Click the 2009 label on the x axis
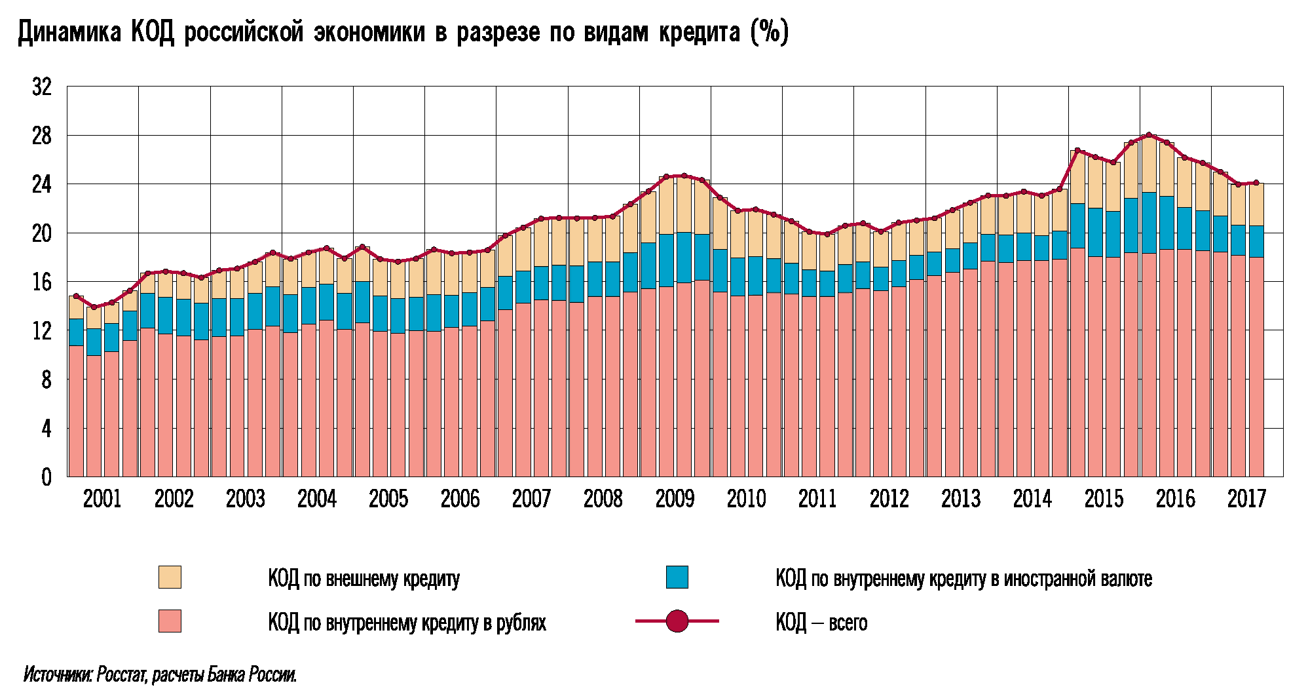(x=674, y=499)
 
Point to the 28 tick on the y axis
(x=41, y=136)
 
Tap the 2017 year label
(x=1246, y=499)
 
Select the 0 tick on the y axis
(x=46, y=477)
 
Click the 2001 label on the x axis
(x=102, y=499)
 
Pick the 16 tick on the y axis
(x=41, y=282)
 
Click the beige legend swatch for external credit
(x=170, y=577)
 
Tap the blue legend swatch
(x=677, y=577)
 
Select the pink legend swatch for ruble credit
(x=170, y=621)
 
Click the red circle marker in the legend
(x=677, y=621)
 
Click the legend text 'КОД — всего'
(x=821, y=622)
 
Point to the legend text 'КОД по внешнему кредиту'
(x=364, y=579)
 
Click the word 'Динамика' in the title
(x=69, y=33)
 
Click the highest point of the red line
(x=1149, y=135)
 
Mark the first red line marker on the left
(x=76, y=296)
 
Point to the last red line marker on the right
(x=1256, y=183)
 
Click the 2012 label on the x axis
(x=889, y=499)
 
